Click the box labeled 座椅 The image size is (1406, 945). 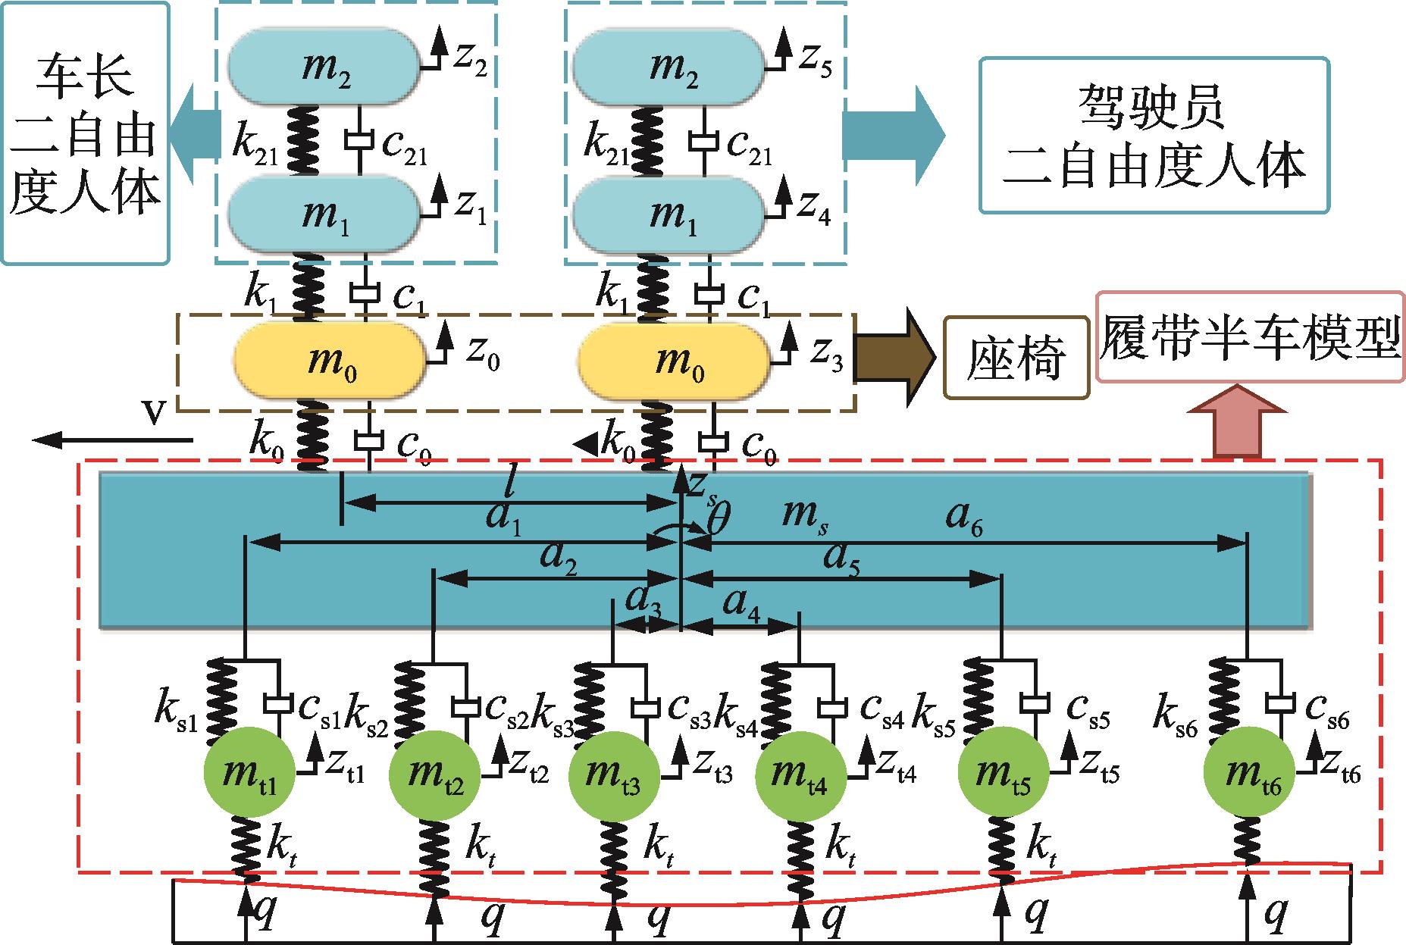coord(1016,358)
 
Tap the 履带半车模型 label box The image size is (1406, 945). coord(1250,337)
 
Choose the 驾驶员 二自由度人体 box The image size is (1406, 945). coord(1154,135)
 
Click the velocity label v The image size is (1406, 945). coord(156,416)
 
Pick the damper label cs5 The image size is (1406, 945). coord(1089,709)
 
